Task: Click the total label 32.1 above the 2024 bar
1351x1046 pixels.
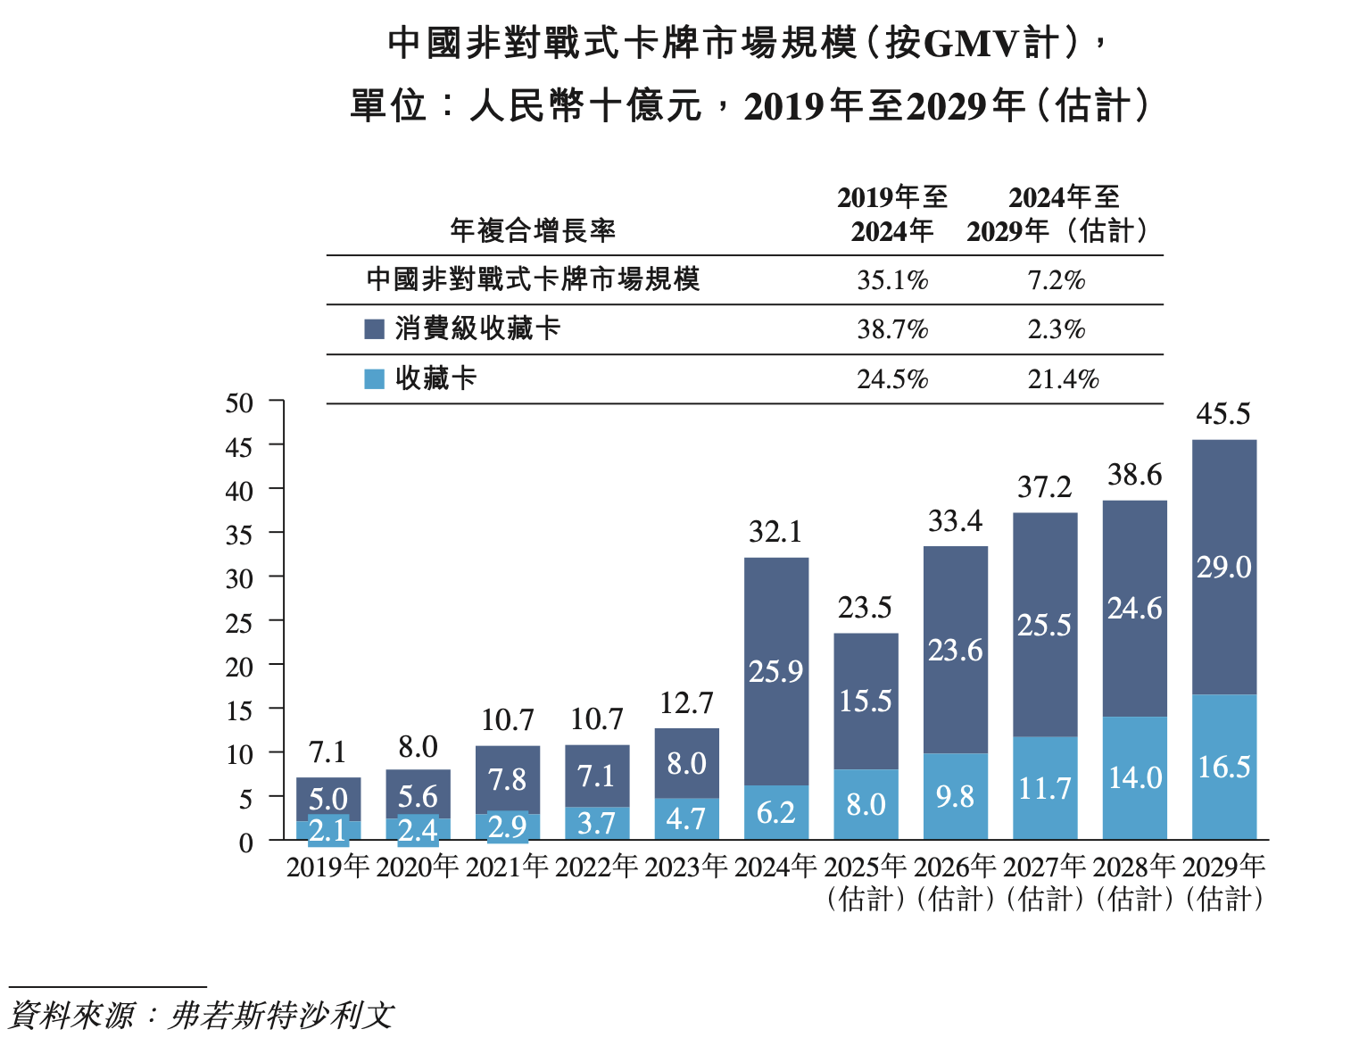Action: click(x=775, y=532)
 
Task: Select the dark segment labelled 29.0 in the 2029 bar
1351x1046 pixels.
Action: click(x=1223, y=568)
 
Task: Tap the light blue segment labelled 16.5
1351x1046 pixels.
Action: click(x=1223, y=768)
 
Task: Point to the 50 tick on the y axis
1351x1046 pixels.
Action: click(x=239, y=403)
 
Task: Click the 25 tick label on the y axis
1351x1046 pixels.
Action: click(x=239, y=623)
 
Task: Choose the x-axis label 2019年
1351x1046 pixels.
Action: click(x=327, y=867)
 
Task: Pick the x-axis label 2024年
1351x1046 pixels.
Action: click(x=775, y=867)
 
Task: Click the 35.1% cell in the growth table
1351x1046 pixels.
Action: click(x=892, y=280)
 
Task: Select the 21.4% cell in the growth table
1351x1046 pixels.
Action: click(x=1063, y=379)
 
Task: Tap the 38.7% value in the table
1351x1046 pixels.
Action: click(x=892, y=329)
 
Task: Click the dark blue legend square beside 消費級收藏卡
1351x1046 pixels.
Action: click(x=375, y=329)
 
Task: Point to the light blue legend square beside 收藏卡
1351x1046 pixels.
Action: click(x=375, y=379)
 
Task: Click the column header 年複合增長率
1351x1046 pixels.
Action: click(x=533, y=231)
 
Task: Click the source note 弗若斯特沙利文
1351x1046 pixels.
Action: click(x=281, y=1016)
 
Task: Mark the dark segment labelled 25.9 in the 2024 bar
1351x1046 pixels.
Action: click(x=775, y=671)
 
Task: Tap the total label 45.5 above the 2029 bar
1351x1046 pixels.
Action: click(x=1223, y=414)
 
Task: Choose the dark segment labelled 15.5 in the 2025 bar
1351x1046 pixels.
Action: click(x=866, y=701)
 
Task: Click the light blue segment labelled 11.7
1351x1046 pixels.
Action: click(x=1045, y=788)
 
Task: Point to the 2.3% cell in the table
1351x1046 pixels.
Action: click(x=1057, y=329)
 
